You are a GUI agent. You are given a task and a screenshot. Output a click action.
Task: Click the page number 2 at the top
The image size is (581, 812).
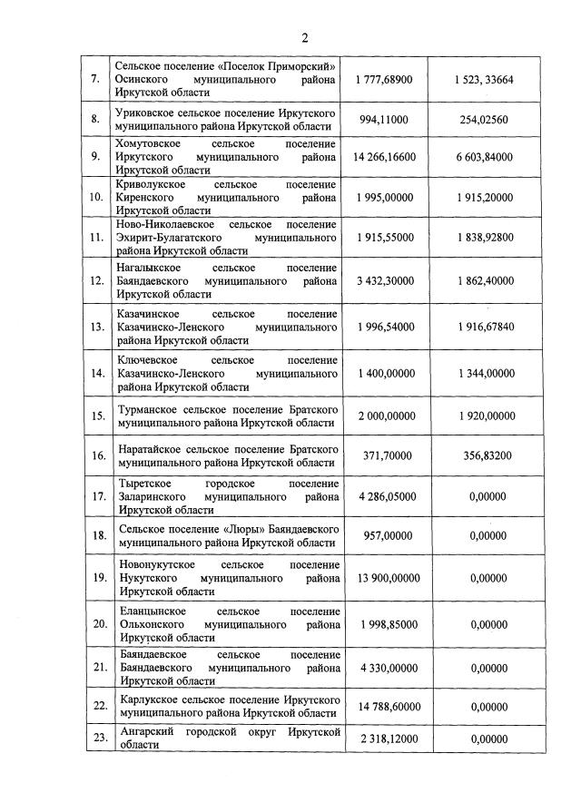tap(305, 37)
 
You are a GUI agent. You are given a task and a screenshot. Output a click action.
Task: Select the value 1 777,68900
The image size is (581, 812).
tap(385, 80)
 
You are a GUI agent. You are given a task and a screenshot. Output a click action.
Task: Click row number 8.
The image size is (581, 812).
tap(95, 119)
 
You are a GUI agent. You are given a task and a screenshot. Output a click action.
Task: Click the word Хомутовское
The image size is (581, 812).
tap(148, 144)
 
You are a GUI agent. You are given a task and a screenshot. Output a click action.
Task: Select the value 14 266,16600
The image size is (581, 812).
tap(385, 157)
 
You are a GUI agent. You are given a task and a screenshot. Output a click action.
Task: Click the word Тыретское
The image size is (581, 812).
tap(143, 484)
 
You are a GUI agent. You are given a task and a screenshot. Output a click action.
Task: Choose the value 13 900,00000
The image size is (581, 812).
tap(385, 578)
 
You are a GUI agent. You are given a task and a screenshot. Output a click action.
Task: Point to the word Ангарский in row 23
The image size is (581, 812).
tap(147, 731)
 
